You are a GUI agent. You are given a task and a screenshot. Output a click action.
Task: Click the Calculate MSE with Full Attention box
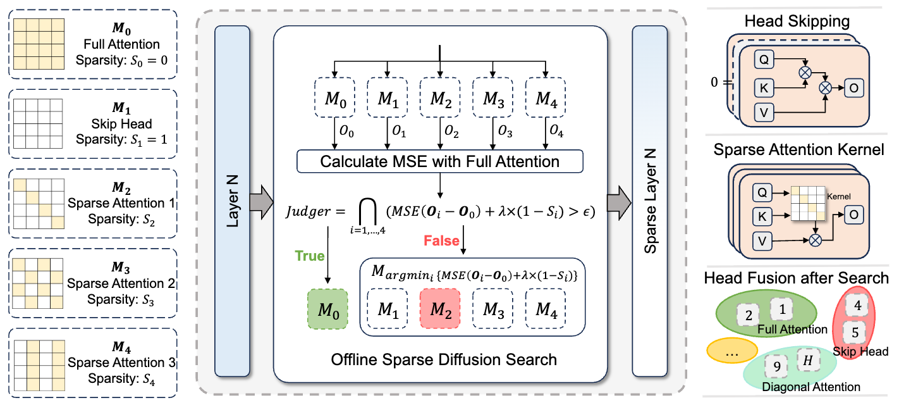[439, 161]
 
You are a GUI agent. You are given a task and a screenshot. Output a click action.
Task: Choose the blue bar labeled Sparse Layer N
[650, 201]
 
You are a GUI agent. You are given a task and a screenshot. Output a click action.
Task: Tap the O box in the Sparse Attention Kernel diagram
[853, 215]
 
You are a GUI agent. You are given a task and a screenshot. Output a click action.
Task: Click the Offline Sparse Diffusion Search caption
[444, 360]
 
